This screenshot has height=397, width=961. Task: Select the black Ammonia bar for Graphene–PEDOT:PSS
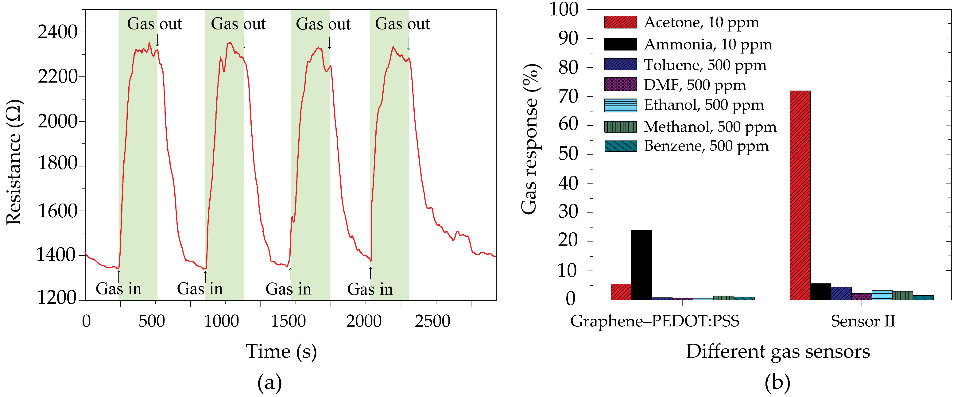click(x=641, y=265)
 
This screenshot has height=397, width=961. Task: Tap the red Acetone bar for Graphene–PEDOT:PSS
click(x=621, y=292)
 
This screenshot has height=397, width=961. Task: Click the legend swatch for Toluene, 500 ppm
click(x=620, y=64)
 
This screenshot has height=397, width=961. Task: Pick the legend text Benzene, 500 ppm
click(x=706, y=146)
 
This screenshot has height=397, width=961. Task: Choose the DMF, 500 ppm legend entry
click(x=695, y=85)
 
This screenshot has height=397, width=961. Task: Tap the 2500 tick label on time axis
click(x=432, y=321)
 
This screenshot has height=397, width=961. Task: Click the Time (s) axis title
click(x=281, y=352)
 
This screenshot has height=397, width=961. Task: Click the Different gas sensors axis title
click(x=778, y=352)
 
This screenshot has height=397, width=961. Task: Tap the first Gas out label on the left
click(x=154, y=24)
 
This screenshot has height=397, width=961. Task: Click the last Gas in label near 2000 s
click(x=370, y=289)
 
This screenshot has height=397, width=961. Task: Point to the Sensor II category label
click(x=862, y=321)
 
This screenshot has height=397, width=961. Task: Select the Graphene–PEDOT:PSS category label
click(x=654, y=321)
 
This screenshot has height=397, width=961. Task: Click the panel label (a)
click(x=269, y=383)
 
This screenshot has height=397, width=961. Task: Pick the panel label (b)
click(x=777, y=383)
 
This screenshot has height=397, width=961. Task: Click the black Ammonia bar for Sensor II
click(x=820, y=292)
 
